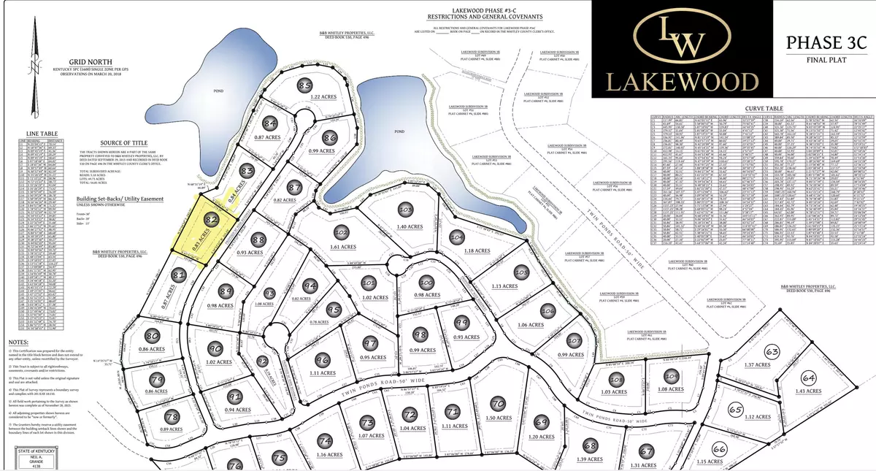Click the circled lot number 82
(212, 218)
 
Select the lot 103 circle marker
(406, 210)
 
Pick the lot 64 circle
(808, 379)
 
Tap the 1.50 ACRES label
(499, 418)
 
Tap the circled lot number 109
(671, 377)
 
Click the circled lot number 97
(371, 344)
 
